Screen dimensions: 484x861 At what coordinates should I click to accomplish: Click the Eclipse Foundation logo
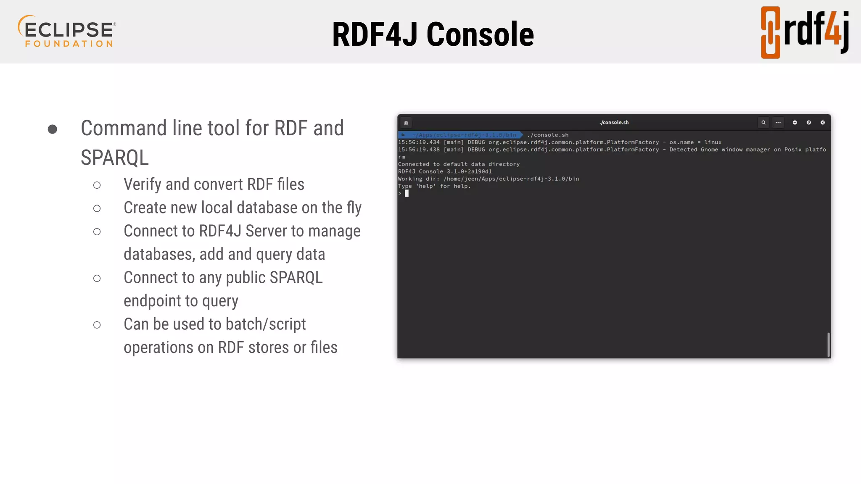(x=67, y=32)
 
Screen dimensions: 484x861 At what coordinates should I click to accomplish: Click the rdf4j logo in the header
(x=804, y=32)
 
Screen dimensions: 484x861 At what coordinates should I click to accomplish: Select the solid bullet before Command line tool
(x=53, y=129)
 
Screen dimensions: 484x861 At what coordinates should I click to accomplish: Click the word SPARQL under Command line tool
(x=114, y=158)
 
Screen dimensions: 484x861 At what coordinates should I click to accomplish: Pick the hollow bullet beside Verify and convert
(x=97, y=185)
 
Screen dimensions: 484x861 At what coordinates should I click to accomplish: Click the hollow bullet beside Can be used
(x=97, y=325)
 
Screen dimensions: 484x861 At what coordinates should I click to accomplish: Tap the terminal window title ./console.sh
(x=614, y=123)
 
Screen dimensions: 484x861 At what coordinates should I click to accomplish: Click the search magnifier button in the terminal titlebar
(x=763, y=123)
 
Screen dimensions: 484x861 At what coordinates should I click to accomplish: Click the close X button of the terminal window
(x=823, y=123)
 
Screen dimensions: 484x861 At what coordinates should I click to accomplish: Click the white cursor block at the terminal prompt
(x=407, y=194)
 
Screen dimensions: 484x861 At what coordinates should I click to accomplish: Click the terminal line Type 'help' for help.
(x=434, y=186)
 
